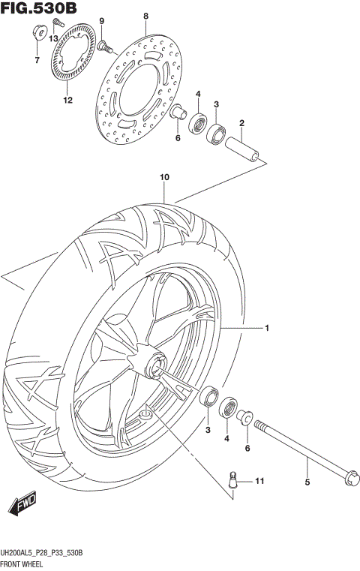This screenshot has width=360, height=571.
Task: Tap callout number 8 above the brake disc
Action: click(x=146, y=16)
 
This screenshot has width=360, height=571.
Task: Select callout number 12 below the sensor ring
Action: click(x=67, y=100)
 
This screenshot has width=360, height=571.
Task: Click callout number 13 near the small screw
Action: click(x=53, y=38)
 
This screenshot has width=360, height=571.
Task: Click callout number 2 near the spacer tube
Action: click(x=242, y=123)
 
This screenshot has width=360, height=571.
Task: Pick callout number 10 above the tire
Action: click(x=164, y=178)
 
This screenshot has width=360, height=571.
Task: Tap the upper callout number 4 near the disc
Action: click(x=198, y=94)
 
